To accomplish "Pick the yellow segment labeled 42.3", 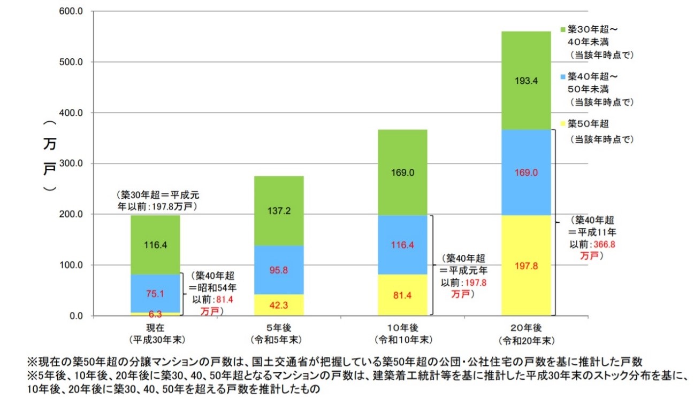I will (278, 304).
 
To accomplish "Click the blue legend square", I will (562, 76).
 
